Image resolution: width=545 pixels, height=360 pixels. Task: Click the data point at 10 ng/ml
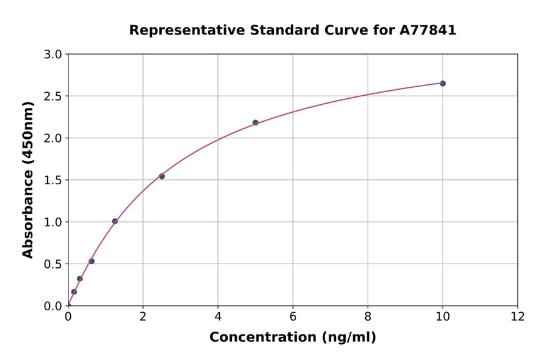(x=443, y=83)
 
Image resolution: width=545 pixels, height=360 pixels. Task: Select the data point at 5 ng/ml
(x=256, y=122)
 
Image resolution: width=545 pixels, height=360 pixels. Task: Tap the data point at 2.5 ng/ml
(x=162, y=176)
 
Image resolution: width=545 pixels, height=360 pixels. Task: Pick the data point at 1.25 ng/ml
(x=115, y=221)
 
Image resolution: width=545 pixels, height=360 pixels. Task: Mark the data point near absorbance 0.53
(x=91, y=261)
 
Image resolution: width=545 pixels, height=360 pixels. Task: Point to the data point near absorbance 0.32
(x=80, y=279)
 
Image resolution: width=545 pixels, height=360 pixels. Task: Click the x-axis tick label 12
(x=518, y=316)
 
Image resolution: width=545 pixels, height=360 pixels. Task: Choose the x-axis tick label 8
(x=368, y=316)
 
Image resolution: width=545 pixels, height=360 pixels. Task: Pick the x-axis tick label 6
(x=292, y=316)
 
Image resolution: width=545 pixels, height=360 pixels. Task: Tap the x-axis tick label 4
(x=218, y=316)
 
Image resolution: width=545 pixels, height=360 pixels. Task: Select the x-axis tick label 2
(x=143, y=316)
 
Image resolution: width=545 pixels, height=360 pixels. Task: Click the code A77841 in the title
(x=428, y=30)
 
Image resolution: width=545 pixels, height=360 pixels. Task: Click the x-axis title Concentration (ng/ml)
(x=292, y=337)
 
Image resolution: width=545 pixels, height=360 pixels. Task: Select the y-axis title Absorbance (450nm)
(x=28, y=179)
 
